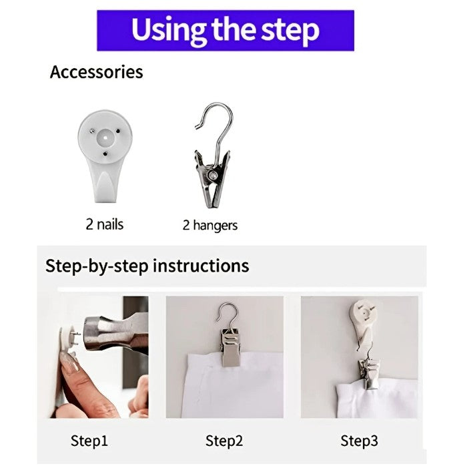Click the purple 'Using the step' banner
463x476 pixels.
225,30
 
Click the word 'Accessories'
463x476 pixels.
96,72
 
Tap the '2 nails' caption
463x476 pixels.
104,224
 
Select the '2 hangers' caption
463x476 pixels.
210,225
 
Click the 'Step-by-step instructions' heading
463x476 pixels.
147,266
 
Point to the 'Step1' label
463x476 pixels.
89,441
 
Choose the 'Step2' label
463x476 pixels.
224,441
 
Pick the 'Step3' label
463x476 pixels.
359,441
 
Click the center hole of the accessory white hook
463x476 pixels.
105,138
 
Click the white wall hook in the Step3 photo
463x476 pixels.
362,321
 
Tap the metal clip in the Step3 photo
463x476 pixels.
369,373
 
